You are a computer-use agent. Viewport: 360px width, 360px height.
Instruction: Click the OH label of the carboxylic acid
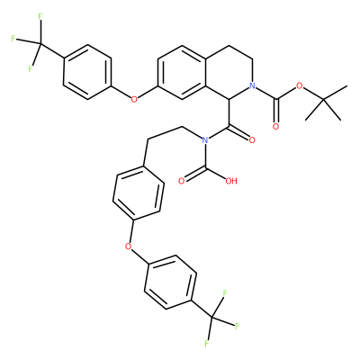(231, 181)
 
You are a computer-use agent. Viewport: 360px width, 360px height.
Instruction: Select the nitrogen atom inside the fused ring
(253, 85)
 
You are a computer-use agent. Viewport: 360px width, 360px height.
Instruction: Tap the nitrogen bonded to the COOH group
(205, 139)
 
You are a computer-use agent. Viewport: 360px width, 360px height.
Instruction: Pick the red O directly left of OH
(181, 181)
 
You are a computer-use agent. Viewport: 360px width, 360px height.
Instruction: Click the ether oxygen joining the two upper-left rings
(134, 99)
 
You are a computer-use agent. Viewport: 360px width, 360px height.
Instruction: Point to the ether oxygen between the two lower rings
(129, 247)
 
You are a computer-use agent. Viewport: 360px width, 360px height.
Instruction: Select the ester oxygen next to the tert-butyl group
(300, 85)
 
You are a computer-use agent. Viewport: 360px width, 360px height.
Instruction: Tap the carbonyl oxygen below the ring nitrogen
(275, 126)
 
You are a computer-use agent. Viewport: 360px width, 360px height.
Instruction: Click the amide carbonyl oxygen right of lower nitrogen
(252, 139)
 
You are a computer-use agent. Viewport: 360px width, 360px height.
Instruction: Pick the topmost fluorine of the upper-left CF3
(40, 17)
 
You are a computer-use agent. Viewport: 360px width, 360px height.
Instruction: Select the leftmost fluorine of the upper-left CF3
(13, 39)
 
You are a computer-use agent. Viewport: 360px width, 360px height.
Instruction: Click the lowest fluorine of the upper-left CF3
(30, 69)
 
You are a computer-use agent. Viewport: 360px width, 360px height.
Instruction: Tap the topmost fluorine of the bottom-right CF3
(224, 292)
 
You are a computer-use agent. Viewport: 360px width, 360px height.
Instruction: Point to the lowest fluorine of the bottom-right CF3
(206, 344)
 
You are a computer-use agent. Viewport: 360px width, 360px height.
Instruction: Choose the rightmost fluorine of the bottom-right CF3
(237, 326)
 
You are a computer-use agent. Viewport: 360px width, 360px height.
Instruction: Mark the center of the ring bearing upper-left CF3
(87, 72)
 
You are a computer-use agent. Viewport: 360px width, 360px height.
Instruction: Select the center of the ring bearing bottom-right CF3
(170, 282)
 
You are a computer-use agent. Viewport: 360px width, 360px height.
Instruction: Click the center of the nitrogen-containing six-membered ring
(229, 72)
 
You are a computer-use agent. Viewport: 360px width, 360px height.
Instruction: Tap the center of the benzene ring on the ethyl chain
(139, 193)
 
